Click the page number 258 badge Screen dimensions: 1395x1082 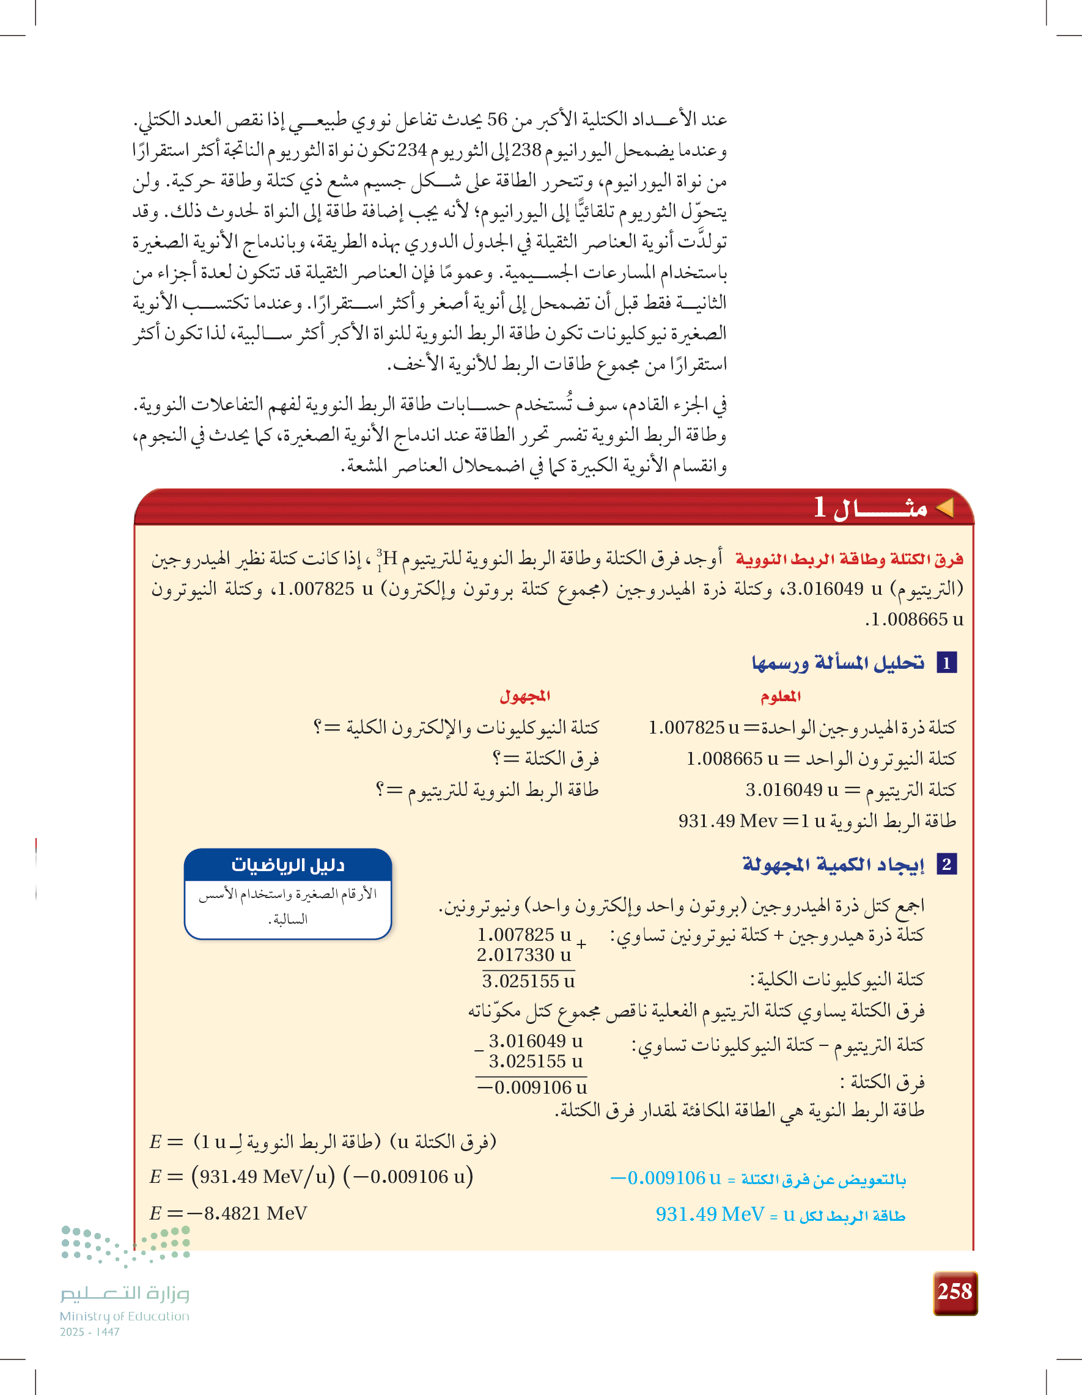955,1292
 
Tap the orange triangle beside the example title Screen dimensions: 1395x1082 944,508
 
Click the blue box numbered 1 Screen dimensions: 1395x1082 946,663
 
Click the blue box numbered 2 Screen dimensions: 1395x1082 946,864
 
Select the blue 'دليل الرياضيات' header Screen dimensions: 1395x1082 287,865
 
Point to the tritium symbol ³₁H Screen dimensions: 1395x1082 387,559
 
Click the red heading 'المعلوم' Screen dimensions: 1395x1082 781,696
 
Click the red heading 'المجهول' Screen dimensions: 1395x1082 524,696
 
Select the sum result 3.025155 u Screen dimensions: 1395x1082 528,981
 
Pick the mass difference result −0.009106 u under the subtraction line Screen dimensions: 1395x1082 532,1087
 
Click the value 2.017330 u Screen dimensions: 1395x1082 524,955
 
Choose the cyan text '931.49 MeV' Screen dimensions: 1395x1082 710,1213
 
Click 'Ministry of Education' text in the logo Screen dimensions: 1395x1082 125,1316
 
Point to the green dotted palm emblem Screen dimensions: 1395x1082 126,1243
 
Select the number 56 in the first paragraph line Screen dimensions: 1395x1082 497,119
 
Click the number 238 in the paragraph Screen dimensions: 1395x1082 526,150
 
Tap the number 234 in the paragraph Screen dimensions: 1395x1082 412,150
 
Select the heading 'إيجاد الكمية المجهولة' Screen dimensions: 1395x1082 833,864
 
